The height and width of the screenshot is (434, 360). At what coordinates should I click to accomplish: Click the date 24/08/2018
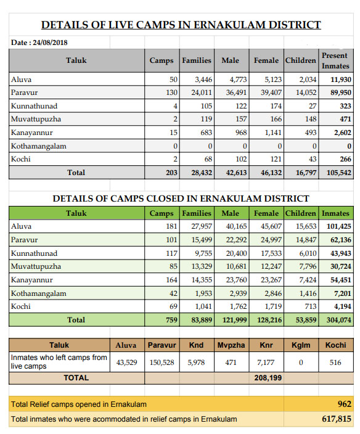(x=50, y=43)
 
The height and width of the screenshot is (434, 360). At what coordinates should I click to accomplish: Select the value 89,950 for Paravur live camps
(x=341, y=92)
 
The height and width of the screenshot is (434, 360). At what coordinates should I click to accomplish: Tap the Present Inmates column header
(x=335, y=60)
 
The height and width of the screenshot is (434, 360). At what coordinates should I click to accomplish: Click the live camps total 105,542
(x=338, y=173)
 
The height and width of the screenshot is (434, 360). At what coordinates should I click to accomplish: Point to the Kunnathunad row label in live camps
(x=34, y=106)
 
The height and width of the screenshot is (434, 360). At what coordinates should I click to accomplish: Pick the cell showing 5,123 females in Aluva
(x=273, y=80)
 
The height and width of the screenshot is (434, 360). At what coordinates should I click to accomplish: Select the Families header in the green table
(x=197, y=213)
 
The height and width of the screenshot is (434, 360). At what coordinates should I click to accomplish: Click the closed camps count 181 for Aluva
(x=171, y=226)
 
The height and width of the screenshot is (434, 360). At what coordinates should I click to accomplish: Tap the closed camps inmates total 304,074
(x=338, y=320)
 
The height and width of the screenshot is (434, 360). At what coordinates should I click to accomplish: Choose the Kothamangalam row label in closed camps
(x=38, y=293)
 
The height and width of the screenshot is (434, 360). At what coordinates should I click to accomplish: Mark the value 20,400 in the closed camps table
(x=236, y=253)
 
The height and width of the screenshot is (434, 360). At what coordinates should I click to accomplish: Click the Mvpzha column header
(x=231, y=345)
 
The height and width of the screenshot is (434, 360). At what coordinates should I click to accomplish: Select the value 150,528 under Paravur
(x=162, y=362)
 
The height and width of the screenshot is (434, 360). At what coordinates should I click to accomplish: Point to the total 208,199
(x=268, y=378)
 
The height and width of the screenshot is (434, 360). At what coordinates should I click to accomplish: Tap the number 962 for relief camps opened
(x=344, y=404)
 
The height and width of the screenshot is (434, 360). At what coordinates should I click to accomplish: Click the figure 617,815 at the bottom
(x=337, y=419)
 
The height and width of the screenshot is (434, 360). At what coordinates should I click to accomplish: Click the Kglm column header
(x=301, y=345)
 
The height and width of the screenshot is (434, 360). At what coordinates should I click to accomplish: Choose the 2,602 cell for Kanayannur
(x=343, y=133)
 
